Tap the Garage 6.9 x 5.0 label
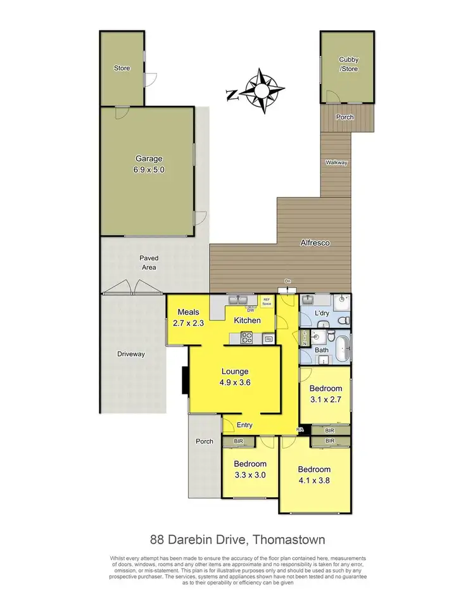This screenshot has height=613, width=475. tap(149, 164)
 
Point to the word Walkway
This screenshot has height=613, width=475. tap(336, 163)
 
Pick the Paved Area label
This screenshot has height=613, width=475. tap(149, 262)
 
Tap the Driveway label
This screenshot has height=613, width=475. tap(131, 354)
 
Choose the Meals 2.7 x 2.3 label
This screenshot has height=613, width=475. tap(189, 317)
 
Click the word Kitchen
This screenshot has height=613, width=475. tap(247, 320)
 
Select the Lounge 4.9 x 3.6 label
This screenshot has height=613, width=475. tap(234, 377)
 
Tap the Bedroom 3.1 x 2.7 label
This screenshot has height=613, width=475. tap(326, 394)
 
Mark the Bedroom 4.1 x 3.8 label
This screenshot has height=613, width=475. tap(314, 475)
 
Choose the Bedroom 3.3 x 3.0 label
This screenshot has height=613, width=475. tap(250, 469)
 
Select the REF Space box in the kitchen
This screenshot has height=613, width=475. tap(266, 302)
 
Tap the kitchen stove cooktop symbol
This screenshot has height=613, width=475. tap(245, 339)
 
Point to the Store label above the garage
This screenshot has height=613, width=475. tap(122, 68)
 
